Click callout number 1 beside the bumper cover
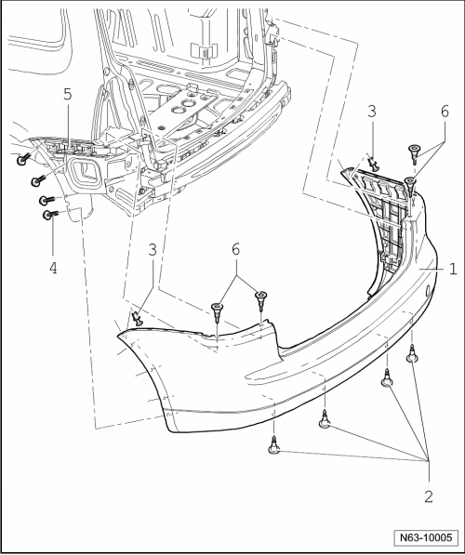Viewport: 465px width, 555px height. tap(453, 269)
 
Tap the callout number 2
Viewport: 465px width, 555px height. tap(429, 496)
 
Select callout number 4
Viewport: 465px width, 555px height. tap(53, 268)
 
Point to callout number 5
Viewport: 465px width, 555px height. tap(67, 95)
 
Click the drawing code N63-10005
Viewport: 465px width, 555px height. tap(426, 537)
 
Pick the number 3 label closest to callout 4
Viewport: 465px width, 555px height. tap(153, 250)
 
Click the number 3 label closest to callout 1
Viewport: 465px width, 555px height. tap(371, 112)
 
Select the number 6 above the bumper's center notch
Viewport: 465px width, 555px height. tap(235, 249)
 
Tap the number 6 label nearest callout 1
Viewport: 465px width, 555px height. tap(445, 112)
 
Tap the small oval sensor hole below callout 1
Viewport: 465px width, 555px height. tap(428, 291)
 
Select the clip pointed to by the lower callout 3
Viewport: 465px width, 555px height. tap(137, 318)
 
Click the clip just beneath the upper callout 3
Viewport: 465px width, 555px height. tap(373, 163)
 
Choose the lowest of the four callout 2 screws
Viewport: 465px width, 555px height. tap(273, 445)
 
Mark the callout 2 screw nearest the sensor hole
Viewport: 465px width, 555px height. tap(412, 354)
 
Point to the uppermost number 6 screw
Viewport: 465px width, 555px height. tap(414, 152)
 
